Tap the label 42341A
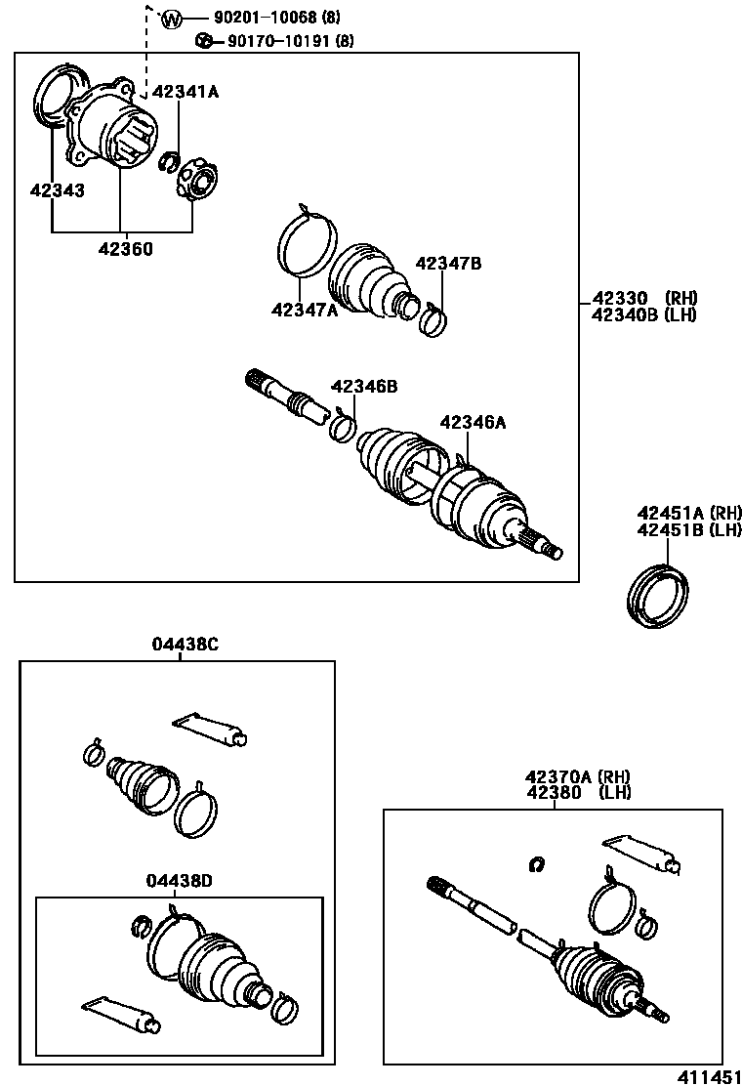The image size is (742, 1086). coord(185,92)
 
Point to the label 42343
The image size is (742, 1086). coord(57,190)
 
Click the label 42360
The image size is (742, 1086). coord(125,249)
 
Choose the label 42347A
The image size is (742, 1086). coord(305,310)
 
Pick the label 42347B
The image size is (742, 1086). coord(448,264)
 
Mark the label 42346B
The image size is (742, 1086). coord(364,387)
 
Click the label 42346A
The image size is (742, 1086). coord(474,422)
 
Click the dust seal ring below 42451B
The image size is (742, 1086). coord(657,596)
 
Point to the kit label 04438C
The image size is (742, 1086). coord(185,644)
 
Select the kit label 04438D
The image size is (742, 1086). coord(180,880)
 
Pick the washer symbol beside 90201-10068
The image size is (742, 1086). coord(171,19)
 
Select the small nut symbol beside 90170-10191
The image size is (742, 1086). coord(204,41)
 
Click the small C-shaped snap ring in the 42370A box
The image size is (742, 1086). coord(535,862)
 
